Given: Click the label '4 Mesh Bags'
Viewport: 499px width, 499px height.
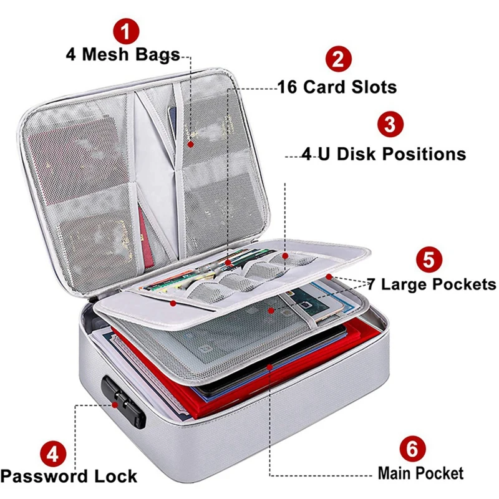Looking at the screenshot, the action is (123, 54).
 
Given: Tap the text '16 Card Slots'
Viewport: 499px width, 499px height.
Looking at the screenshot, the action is (337, 86).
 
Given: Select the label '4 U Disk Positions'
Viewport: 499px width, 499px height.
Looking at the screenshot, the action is (384, 153).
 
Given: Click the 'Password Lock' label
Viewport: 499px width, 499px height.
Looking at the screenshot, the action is (69, 477).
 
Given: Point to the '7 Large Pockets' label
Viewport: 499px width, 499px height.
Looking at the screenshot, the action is (431, 285).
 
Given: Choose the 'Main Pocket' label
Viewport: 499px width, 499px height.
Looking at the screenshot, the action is (420, 473).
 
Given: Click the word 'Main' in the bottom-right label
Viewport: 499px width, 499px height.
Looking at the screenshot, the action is (397, 473).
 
